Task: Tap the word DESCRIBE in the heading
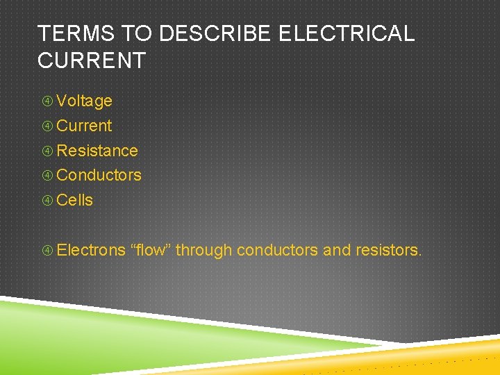200,33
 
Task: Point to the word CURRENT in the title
91,60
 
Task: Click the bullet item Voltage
84,101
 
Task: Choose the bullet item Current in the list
84,126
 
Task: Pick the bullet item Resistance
97,151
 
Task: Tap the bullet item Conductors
99,175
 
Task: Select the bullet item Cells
74,200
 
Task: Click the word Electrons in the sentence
91,250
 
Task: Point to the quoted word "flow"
150,250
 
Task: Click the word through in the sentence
203,250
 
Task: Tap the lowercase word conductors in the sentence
277,250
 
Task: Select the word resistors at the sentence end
388,250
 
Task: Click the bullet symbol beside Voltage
47,101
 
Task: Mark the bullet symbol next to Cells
47,201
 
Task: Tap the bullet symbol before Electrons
47,251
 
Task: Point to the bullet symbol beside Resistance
47,151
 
